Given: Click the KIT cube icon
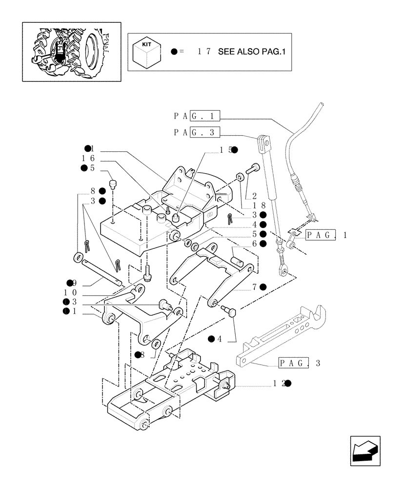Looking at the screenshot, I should (146, 52).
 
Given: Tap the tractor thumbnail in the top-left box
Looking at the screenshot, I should (71, 51).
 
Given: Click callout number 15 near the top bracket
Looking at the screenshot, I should (225, 150).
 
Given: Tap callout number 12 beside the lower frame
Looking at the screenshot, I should (279, 384).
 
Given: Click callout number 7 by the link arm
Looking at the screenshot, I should (254, 287).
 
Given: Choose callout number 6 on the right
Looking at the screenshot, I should (254, 244).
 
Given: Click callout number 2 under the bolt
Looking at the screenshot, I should (254, 196).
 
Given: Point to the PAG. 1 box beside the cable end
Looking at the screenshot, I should (326, 235).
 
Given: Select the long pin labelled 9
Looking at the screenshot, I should (102, 271).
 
